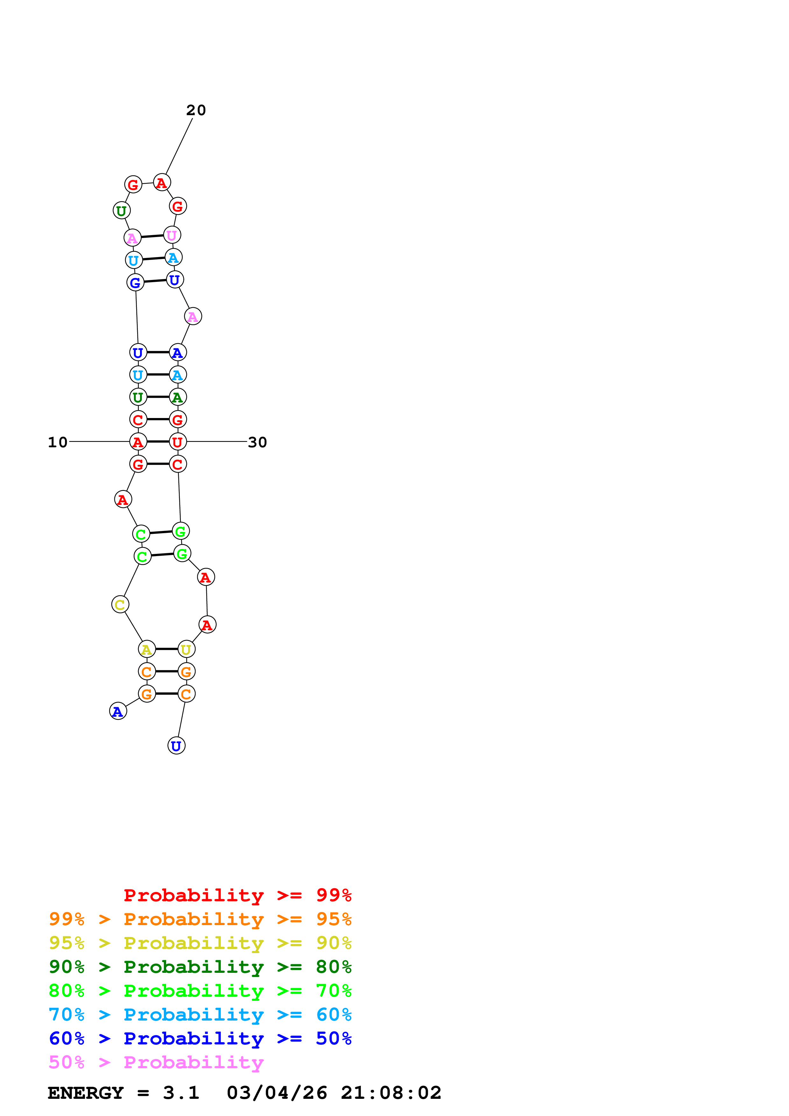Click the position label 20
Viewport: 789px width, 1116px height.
coord(196,110)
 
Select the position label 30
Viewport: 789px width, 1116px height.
coord(257,442)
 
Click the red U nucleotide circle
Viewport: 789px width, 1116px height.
coord(178,442)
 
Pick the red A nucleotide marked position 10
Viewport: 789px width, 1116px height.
coord(138,442)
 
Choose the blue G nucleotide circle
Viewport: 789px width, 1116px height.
coord(135,282)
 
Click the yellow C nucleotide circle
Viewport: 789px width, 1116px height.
coord(120,605)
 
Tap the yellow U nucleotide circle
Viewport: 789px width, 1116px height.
coord(186,649)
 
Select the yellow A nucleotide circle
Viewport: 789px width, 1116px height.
coord(147,649)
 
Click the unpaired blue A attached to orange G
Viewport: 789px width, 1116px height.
coord(118,711)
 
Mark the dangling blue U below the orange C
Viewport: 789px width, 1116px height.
coord(176,746)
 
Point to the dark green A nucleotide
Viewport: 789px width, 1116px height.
coord(178,397)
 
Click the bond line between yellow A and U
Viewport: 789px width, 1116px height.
coord(166,649)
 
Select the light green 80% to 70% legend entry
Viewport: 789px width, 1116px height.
coord(200,991)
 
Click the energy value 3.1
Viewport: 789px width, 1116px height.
coord(181,1093)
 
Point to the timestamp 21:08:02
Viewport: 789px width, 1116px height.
coord(391,1093)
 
